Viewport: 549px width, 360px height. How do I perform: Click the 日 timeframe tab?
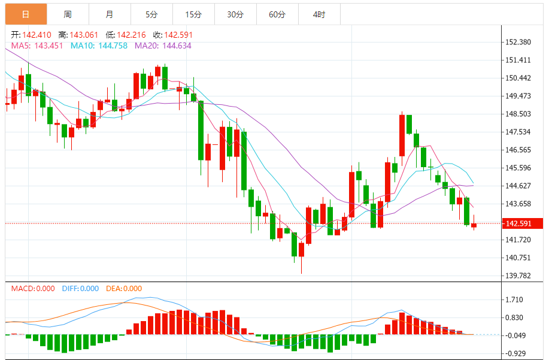[x=26, y=14]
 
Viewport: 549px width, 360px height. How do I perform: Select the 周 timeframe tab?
[x=68, y=14]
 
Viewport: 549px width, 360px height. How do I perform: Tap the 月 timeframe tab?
[x=109, y=14]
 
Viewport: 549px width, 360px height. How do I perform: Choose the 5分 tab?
[x=151, y=14]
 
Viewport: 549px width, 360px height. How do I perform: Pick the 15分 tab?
[x=193, y=14]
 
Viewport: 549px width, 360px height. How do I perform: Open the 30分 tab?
[x=235, y=14]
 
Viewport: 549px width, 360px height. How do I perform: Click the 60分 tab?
[x=277, y=14]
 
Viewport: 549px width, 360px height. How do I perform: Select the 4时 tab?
[x=319, y=14]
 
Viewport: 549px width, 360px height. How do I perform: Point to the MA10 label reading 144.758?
[x=99, y=45]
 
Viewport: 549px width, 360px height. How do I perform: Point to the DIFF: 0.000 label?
[x=80, y=289]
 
